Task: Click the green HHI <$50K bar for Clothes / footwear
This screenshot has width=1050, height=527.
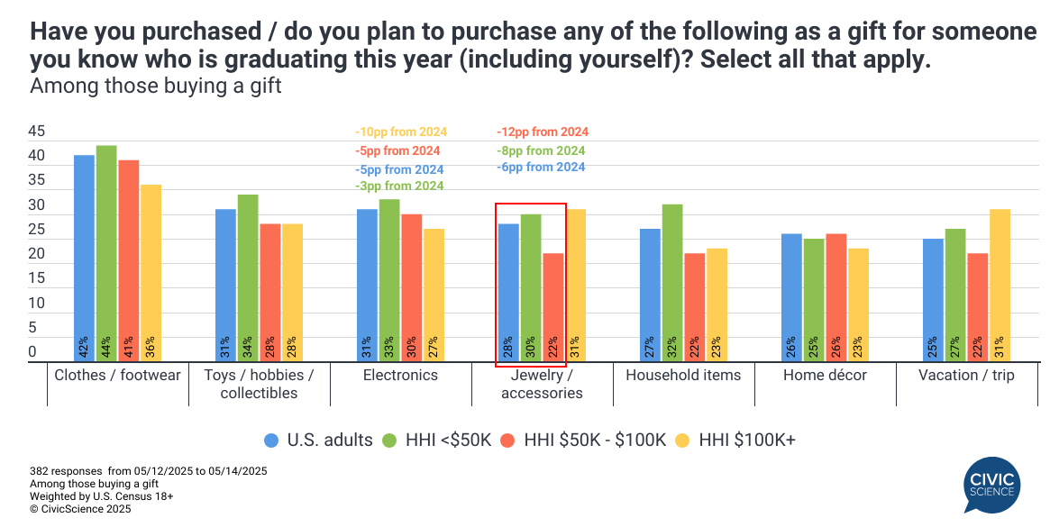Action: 106,253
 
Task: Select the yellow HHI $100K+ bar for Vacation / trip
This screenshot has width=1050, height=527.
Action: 1000,285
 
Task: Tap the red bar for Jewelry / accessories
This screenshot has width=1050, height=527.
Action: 553,307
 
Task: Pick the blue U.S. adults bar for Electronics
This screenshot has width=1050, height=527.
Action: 367,285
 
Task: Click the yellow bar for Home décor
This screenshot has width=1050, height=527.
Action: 858,304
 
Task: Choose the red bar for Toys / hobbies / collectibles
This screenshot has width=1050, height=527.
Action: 270,292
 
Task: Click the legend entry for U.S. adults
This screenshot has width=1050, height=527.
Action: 317,440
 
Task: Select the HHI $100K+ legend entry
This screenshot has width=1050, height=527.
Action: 738,440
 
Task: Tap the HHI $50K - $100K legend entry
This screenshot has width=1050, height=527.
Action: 585,440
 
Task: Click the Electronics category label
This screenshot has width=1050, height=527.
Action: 401,376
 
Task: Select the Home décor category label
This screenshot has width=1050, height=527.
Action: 825,376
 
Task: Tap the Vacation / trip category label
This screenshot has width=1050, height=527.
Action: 966,376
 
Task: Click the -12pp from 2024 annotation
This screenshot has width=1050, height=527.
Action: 543,132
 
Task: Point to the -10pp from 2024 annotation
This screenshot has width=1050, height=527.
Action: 400,132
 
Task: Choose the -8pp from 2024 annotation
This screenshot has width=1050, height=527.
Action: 541,150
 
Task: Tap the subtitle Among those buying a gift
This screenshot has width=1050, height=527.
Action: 156,87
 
